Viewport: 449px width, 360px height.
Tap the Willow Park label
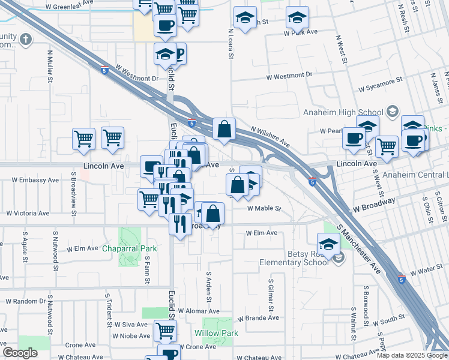pyautogui.click(x=216, y=333)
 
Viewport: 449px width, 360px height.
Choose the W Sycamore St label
pyautogui.click(x=381, y=85)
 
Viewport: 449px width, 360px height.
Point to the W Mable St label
pyautogui.click(x=264, y=208)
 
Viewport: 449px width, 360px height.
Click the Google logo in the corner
pyautogui.click(x=20, y=353)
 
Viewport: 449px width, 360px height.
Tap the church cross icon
pyautogui.click(x=25, y=40)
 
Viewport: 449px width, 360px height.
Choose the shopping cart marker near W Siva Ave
pyautogui.click(x=164, y=329)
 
